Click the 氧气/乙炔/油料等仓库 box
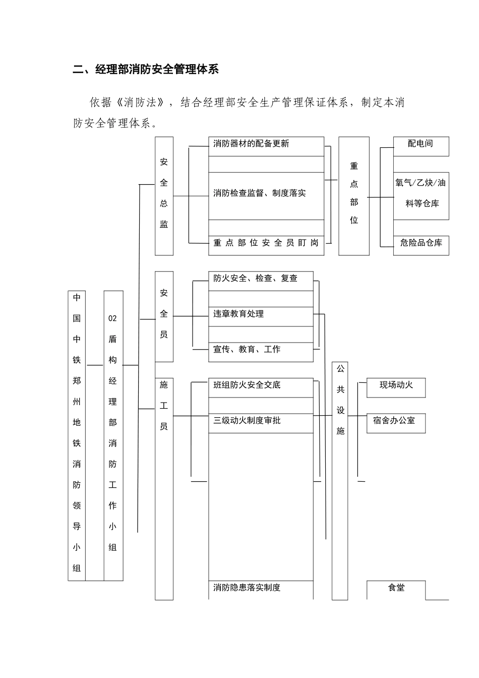point(421,193)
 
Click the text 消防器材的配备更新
point(251,144)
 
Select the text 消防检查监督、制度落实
point(259,193)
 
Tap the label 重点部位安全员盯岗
point(266,243)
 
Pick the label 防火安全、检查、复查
point(255,278)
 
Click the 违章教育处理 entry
point(238,314)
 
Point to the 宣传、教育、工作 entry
point(247,349)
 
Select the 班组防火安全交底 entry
point(247,385)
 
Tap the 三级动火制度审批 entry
point(247,420)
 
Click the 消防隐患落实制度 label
point(247,587)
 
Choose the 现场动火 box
point(396,385)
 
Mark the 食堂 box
point(396,588)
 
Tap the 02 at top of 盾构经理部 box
point(112,318)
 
